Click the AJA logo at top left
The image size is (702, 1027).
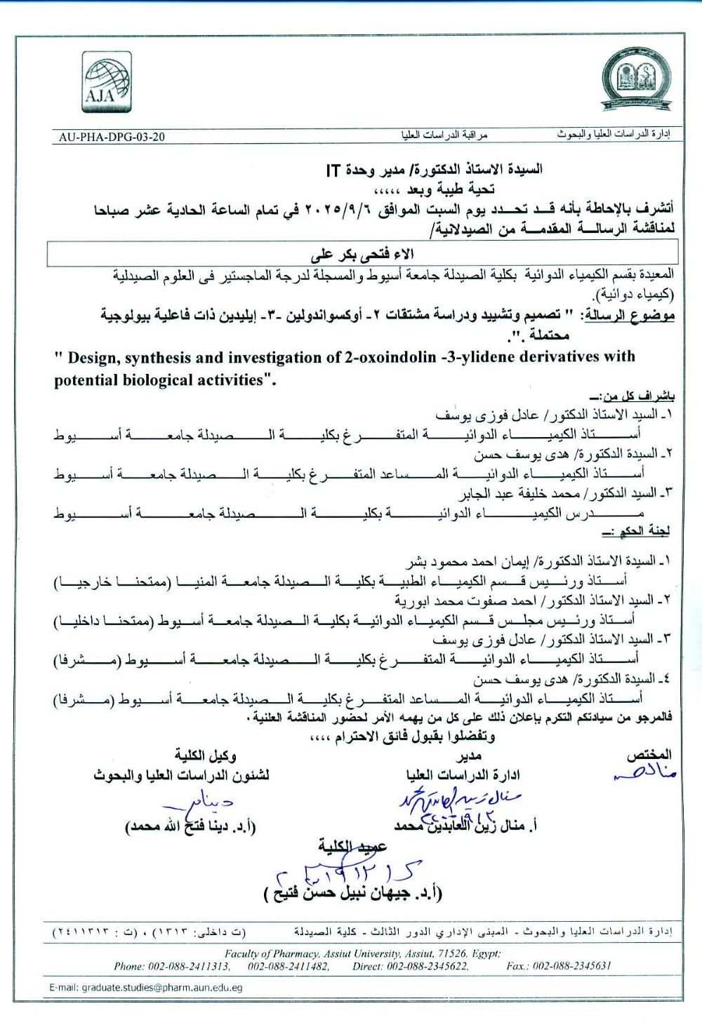click(x=106, y=82)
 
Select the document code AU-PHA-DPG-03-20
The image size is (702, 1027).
click(x=112, y=137)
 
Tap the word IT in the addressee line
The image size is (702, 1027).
click(x=333, y=170)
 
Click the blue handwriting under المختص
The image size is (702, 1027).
click(x=644, y=774)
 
